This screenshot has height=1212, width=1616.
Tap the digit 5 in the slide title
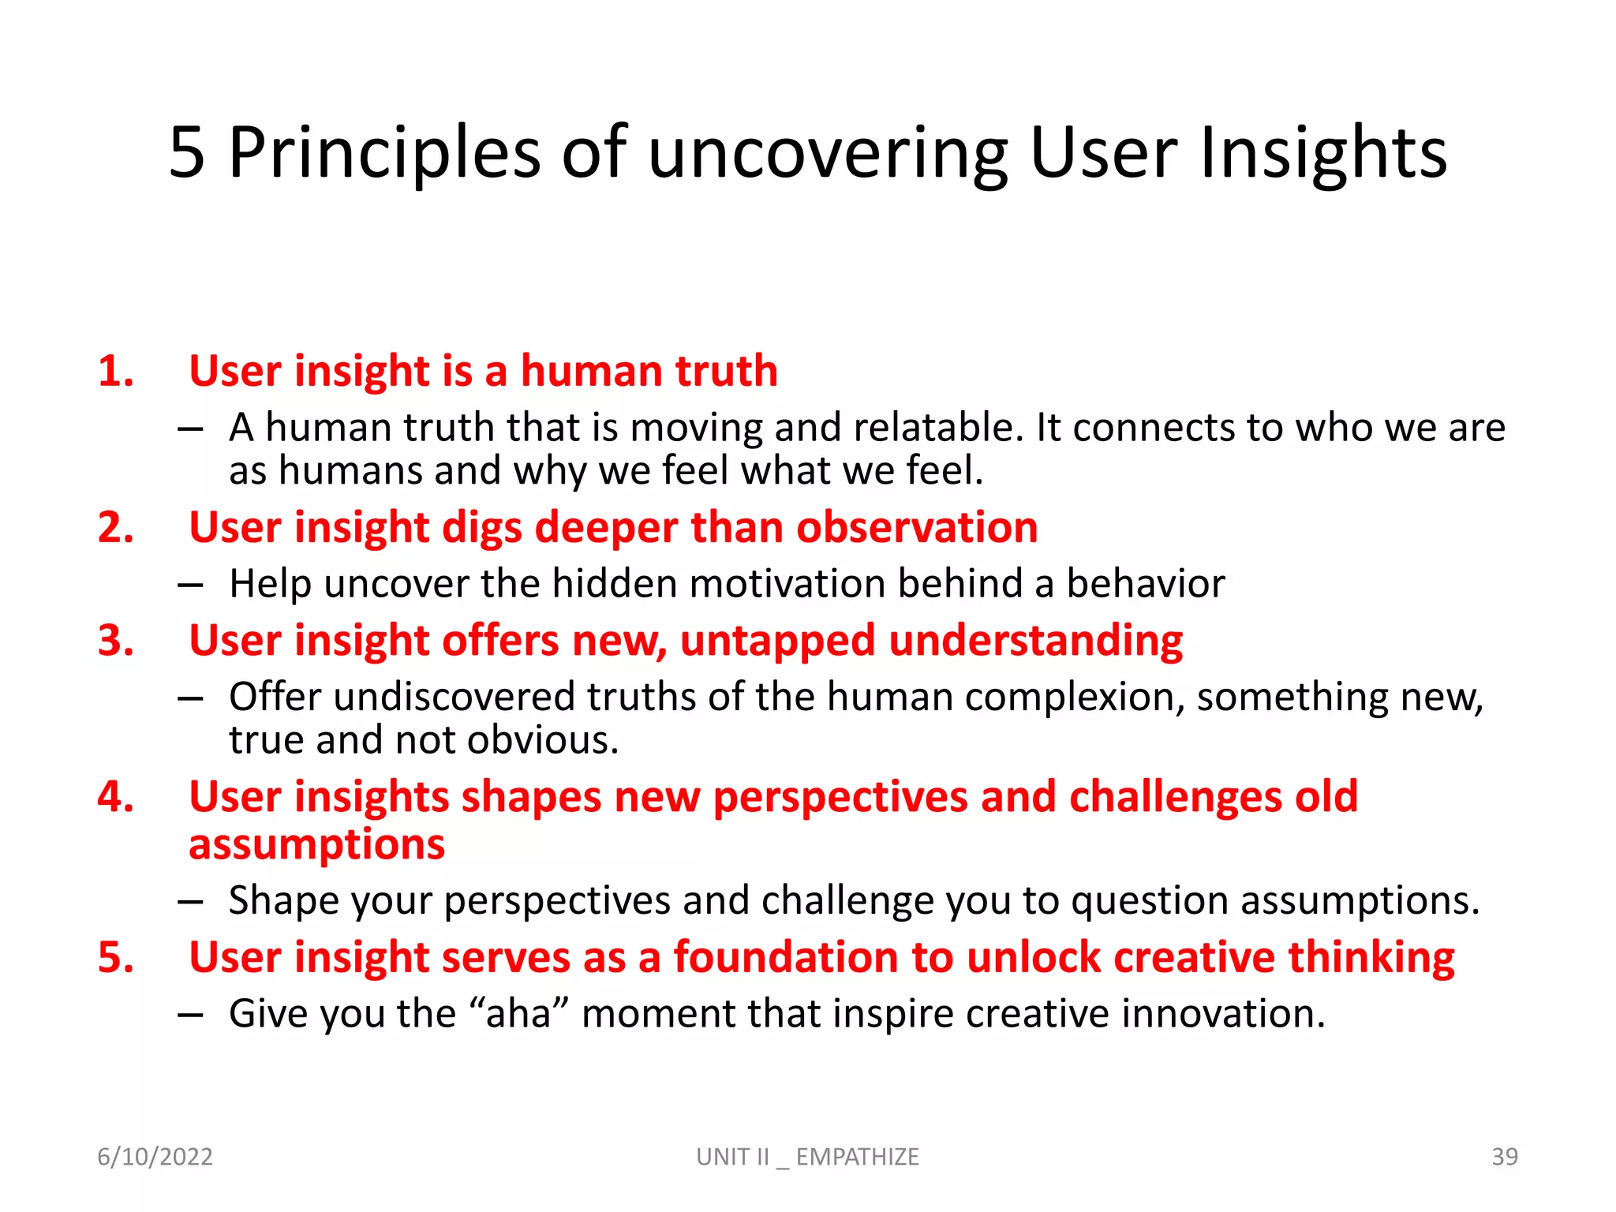point(187,152)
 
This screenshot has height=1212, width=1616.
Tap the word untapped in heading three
point(777,641)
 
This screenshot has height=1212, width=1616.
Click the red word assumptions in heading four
point(317,844)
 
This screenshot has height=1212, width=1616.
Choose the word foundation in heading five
point(785,957)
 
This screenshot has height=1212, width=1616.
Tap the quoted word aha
point(518,1014)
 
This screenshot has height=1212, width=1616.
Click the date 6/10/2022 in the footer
point(155,1157)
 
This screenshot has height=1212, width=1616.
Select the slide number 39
point(1504,1157)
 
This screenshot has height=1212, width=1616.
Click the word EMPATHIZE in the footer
point(857,1157)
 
